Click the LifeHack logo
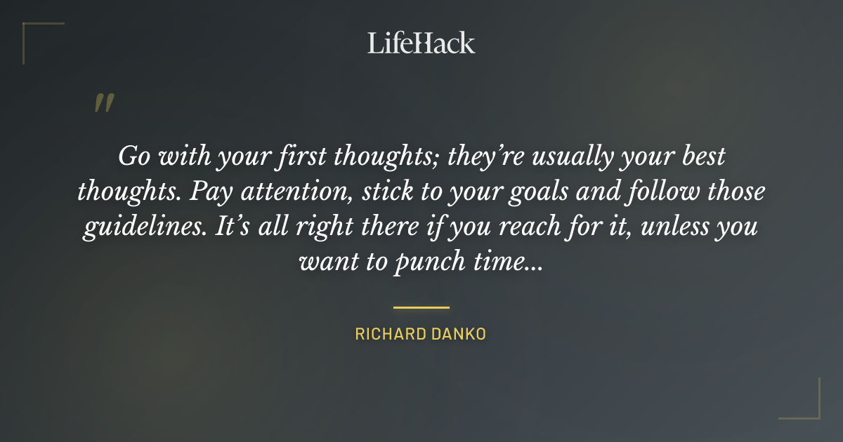click(421, 43)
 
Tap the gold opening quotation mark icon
click(103, 104)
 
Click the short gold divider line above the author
click(421, 307)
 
